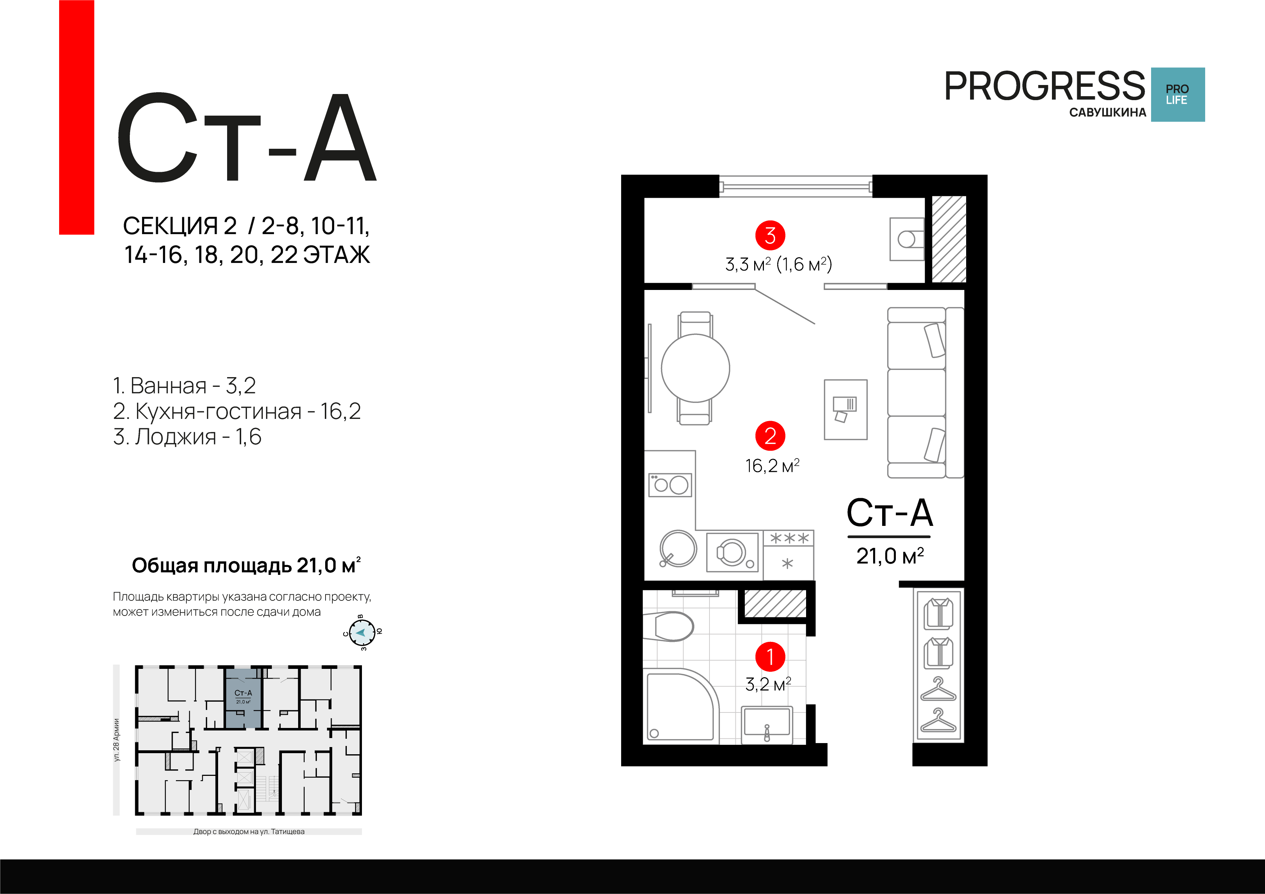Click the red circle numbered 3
tap(770, 236)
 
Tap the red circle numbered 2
tap(770, 436)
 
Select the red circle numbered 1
tap(770, 656)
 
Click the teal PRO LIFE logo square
tap(1178, 95)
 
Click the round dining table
tap(695, 368)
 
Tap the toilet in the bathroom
tap(668, 626)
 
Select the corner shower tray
tap(681, 706)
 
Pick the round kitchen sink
tap(678, 549)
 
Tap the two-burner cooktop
tap(670, 485)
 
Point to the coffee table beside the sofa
tap(846, 410)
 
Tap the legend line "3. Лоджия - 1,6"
tap(187, 437)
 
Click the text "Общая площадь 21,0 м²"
tap(246, 566)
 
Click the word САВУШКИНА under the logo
tap(1107, 112)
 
